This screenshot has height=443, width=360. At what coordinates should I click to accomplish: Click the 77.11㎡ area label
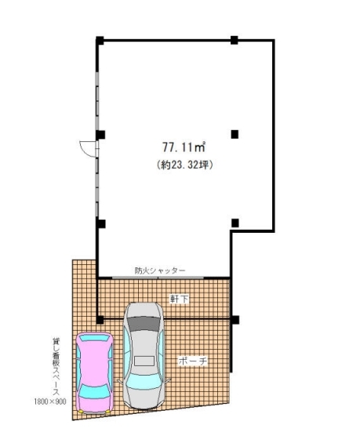pyautogui.click(x=184, y=147)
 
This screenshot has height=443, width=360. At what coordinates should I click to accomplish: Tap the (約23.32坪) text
pyautogui.click(x=184, y=165)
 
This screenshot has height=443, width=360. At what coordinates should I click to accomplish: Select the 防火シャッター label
pyautogui.click(x=160, y=271)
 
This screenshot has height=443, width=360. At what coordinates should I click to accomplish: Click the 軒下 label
pyautogui.click(x=179, y=299)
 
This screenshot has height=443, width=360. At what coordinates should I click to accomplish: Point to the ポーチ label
pyautogui.click(x=193, y=361)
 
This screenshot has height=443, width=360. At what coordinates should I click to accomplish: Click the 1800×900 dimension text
pyautogui.click(x=50, y=401)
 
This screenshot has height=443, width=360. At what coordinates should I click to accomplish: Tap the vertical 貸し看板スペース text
pyautogui.click(x=56, y=366)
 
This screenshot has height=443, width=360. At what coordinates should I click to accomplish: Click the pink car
pyautogui.click(x=95, y=373)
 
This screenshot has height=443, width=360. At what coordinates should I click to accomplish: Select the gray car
pyautogui.click(x=144, y=355)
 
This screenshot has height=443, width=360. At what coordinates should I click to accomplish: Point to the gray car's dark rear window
pyautogui.click(x=144, y=324)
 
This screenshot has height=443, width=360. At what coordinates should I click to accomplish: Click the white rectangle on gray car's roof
pyautogui.click(x=144, y=361)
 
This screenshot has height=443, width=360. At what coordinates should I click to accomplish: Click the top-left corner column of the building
pyautogui.click(x=100, y=41)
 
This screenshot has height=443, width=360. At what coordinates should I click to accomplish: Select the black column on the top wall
pyautogui.click(x=234, y=40)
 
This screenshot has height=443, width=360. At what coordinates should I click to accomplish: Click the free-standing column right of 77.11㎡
pyautogui.click(x=235, y=134)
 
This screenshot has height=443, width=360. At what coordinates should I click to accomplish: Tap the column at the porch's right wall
pyautogui.click(x=235, y=320)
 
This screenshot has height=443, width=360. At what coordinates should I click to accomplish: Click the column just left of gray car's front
pyautogui.click(x=100, y=320)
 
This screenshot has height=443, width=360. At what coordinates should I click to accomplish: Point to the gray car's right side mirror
pyautogui.click(x=168, y=380)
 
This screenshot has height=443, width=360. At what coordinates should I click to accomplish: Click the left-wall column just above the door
pyautogui.click(x=100, y=135)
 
